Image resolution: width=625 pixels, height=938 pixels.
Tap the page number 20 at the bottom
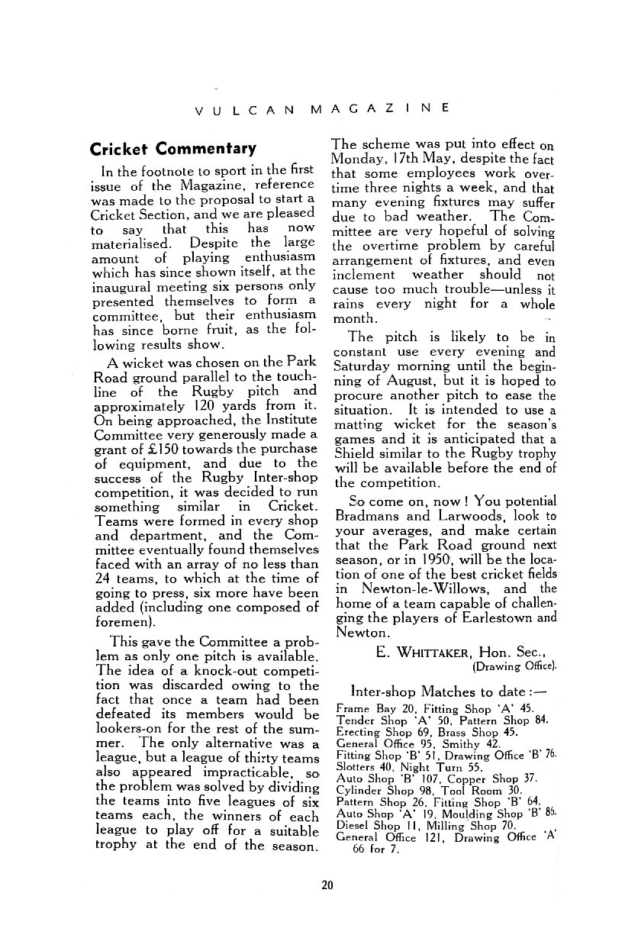coord(327,885)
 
